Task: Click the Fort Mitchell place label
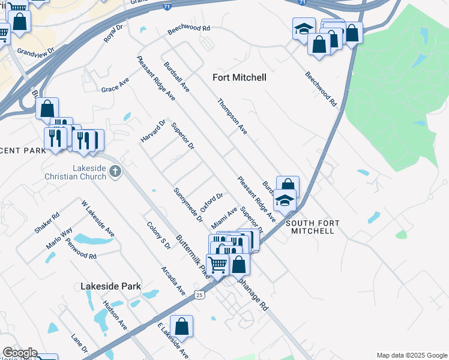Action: pyautogui.click(x=240, y=77)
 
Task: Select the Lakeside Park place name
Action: pyautogui.click(x=110, y=286)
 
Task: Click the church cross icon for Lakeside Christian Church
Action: pyautogui.click(x=115, y=173)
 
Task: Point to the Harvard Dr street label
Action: pyautogui.click(x=153, y=132)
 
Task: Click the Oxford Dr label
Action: pyautogui.click(x=212, y=202)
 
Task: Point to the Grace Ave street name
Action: pyautogui.click(x=115, y=85)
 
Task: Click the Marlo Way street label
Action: pyautogui.click(x=59, y=238)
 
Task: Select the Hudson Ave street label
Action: pyautogui.click(x=115, y=315)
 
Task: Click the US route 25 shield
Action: pyautogui.click(x=199, y=295)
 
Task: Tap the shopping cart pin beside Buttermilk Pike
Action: pyautogui.click(x=217, y=263)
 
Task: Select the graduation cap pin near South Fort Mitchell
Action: pyautogui.click(x=285, y=201)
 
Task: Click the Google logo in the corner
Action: pyautogui.click(x=19, y=353)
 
